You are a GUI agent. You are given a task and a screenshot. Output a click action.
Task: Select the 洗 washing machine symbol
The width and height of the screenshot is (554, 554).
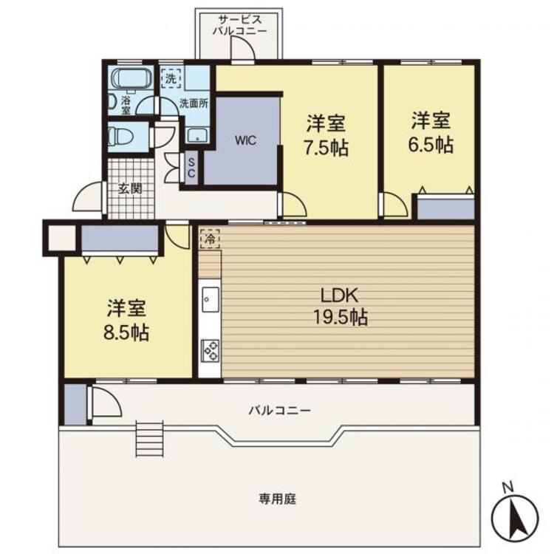[x=171, y=79]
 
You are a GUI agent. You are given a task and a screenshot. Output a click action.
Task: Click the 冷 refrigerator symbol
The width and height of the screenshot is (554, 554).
[x=210, y=239]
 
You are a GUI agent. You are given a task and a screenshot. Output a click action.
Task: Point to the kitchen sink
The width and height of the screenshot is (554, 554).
[x=211, y=299]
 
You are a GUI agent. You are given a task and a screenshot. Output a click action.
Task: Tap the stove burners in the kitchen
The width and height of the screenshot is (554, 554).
[x=210, y=350]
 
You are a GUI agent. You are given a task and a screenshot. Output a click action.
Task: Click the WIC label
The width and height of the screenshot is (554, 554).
[x=245, y=140]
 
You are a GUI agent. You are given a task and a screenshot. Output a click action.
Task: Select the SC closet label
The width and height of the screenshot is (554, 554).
[x=191, y=168]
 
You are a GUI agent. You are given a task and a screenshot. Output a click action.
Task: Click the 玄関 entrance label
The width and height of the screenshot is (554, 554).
[x=130, y=188]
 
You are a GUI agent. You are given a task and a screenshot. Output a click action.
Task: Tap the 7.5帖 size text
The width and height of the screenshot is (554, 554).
[x=326, y=148]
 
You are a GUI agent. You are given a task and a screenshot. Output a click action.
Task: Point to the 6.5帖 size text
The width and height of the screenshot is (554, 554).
[x=431, y=145]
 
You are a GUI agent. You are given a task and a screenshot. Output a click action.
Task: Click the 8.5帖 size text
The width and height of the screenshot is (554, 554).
[x=126, y=332]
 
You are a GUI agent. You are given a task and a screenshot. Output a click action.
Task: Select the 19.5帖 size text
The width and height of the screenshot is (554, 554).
[x=341, y=317]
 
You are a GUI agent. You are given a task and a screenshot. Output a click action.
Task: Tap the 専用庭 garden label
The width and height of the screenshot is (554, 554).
[x=277, y=499]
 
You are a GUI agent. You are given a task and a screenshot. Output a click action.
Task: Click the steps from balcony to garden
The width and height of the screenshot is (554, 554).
[x=150, y=439]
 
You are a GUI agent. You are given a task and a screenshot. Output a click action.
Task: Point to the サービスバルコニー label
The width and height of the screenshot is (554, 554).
[x=239, y=25]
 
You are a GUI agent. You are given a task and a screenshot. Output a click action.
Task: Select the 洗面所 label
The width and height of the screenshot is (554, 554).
[x=194, y=104]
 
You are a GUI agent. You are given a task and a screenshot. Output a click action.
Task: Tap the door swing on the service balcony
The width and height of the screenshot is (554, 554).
[x=242, y=48]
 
